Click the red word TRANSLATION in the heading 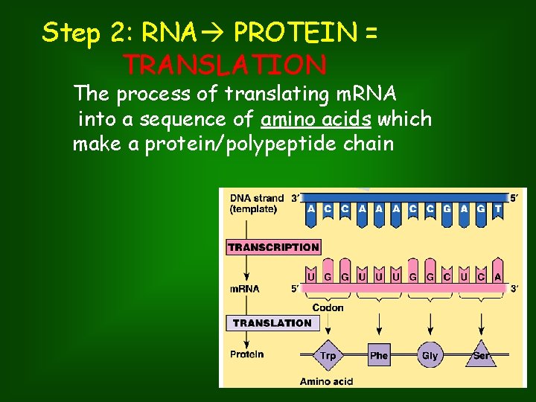[x=226, y=66]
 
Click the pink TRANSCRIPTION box [x=273, y=247]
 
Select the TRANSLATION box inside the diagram [x=272, y=323]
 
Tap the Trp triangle [x=328, y=354]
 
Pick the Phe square [x=379, y=355]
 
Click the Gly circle [x=430, y=355]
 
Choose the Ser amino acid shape [x=482, y=354]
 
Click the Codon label [x=328, y=307]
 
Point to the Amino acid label [x=326, y=382]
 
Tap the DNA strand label [x=257, y=198]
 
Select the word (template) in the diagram [x=254, y=209]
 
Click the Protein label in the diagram [x=246, y=354]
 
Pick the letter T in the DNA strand [x=498, y=209]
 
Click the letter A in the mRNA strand [x=498, y=277]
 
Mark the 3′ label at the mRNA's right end [x=514, y=289]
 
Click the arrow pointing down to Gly [x=430, y=324]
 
